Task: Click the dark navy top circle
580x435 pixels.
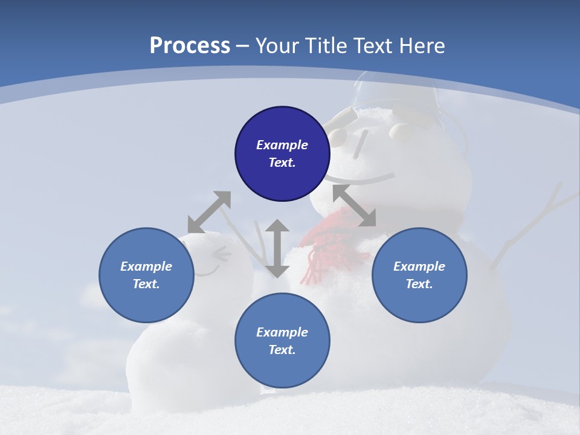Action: point(282,153)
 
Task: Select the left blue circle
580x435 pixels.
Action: point(146,275)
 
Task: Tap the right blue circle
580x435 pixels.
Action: point(419,275)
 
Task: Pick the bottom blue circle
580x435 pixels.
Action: point(282,341)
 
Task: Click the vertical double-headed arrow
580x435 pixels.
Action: point(277,248)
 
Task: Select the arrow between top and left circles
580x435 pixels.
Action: point(209,212)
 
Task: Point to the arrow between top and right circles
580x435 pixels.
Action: point(355,206)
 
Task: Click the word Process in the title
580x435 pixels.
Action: point(190,46)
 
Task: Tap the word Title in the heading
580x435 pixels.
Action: point(327,46)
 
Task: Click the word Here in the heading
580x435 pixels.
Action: point(421,46)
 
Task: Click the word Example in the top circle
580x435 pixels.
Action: point(282,145)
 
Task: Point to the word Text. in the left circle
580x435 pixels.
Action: point(146,284)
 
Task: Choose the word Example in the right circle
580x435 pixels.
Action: point(419,266)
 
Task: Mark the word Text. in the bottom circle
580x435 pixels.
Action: point(282,350)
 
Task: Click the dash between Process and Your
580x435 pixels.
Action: point(243,46)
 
